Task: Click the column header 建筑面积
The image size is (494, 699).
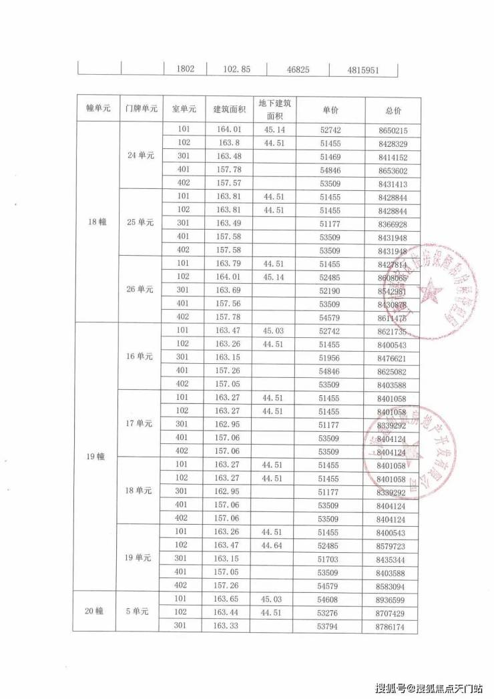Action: pyautogui.click(x=230, y=109)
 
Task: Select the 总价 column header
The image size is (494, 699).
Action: pyautogui.click(x=393, y=109)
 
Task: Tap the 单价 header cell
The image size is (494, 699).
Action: pyautogui.click(x=330, y=109)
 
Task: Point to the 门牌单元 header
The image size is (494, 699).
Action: pyautogui.click(x=141, y=109)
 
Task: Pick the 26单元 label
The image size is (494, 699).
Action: pyautogui.click(x=141, y=289)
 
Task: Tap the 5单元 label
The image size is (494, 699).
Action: pyautogui.click(x=141, y=612)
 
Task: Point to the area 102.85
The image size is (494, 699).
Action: pyautogui.click(x=236, y=69)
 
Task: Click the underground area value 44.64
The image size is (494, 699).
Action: pyautogui.click(x=276, y=545)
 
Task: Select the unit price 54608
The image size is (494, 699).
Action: pyautogui.click(x=330, y=600)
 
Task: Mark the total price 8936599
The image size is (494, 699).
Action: pyautogui.click(x=391, y=600)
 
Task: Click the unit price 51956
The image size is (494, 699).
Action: pyautogui.click(x=330, y=357)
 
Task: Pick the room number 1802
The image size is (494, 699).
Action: pyautogui.click(x=185, y=69)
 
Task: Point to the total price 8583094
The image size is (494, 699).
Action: pyautogui.click(x=391, y=585)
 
